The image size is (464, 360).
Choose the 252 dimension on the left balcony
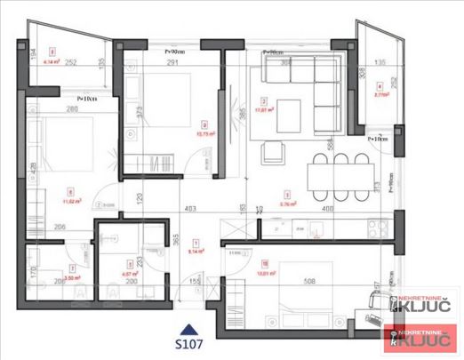70,63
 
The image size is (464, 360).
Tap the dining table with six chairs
340,172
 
